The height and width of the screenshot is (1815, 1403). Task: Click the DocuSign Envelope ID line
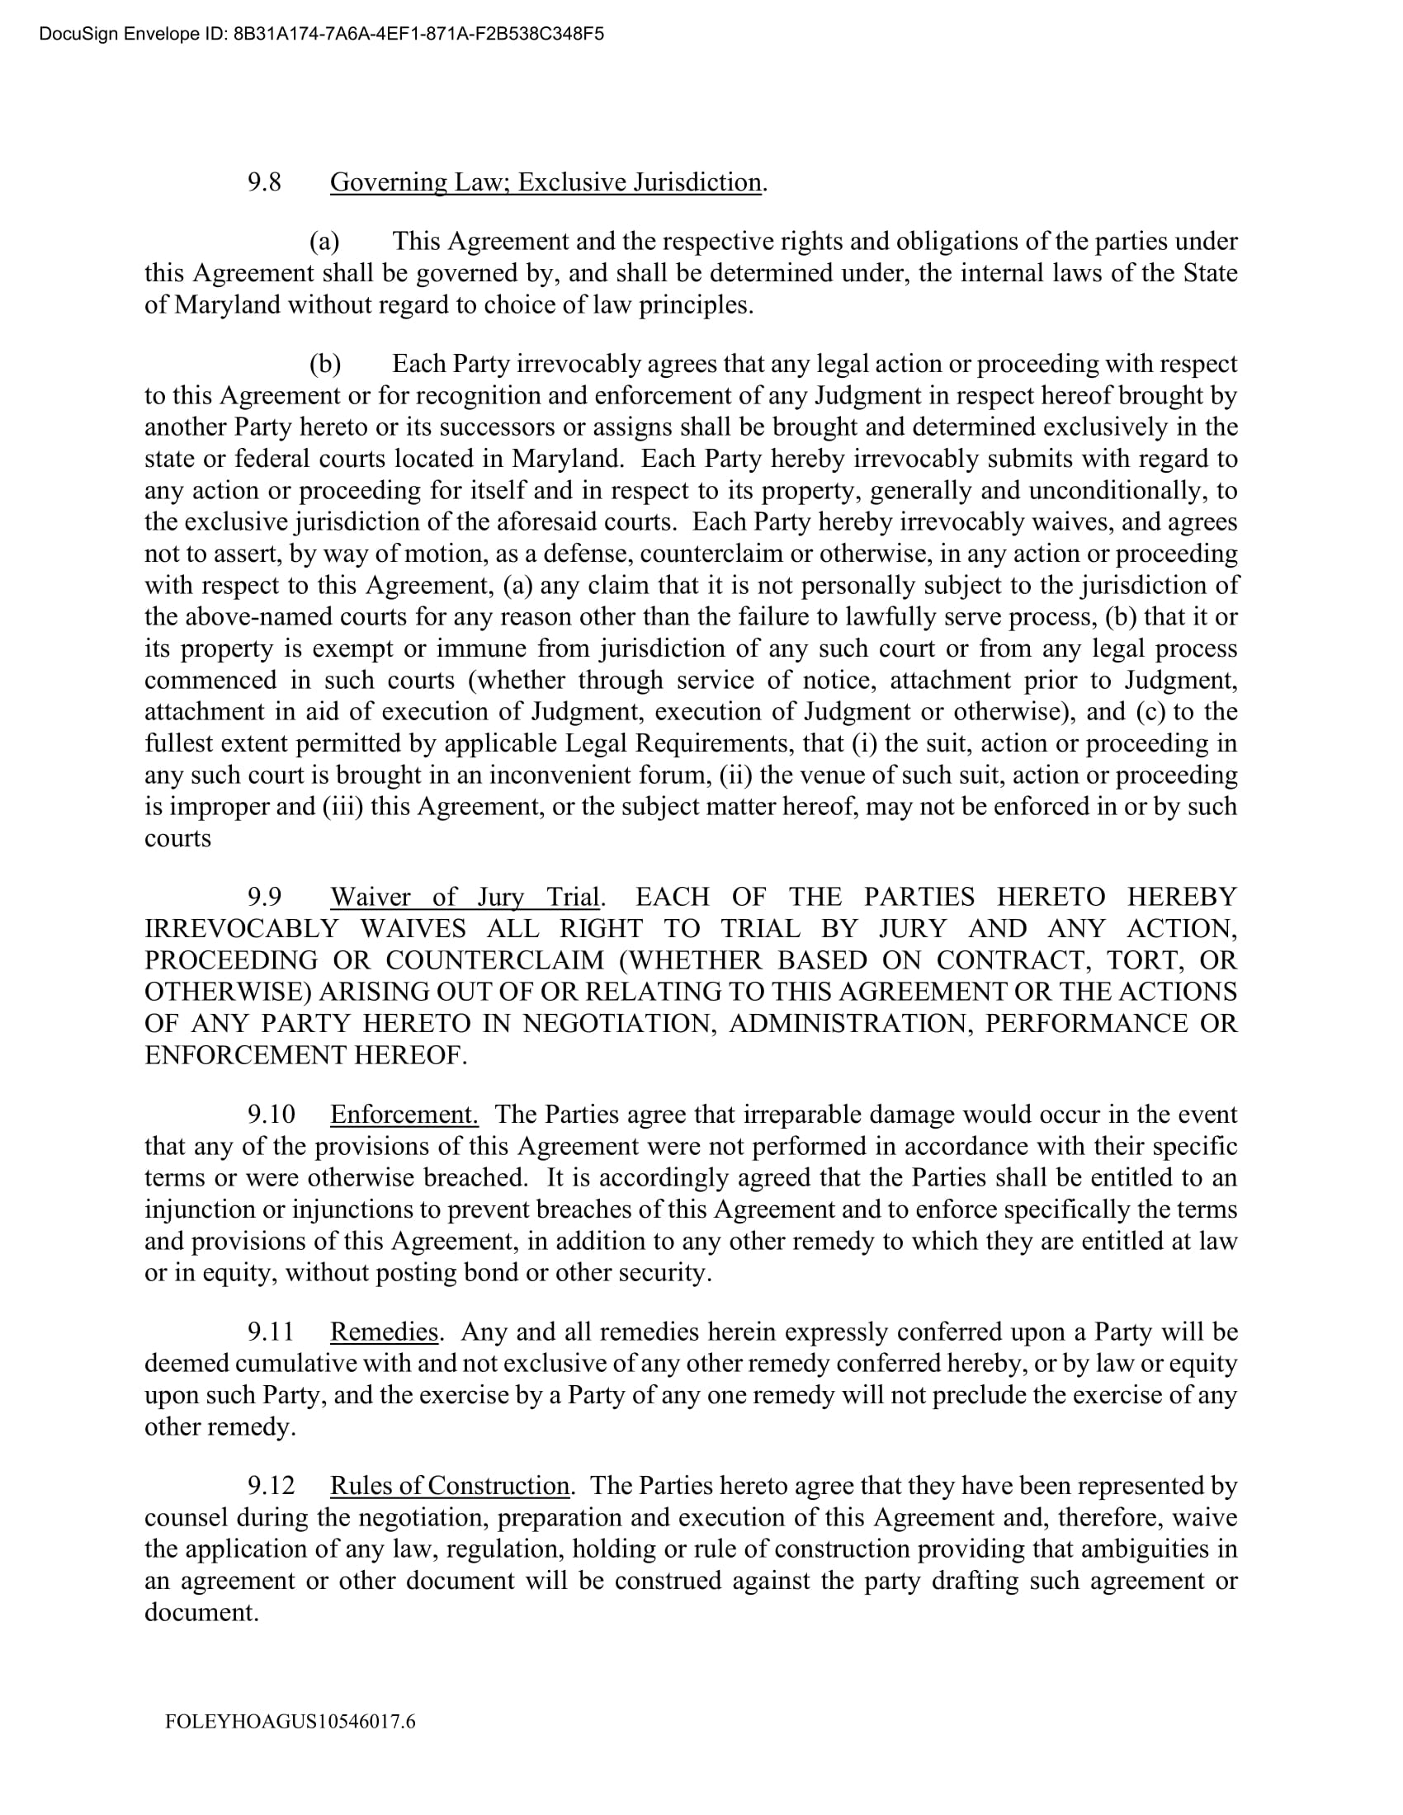point(321,34)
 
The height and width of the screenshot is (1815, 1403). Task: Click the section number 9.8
point(264,182)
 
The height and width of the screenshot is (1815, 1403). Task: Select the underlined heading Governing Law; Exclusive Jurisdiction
point(546,182)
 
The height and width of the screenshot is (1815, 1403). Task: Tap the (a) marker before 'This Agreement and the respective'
point(324,242)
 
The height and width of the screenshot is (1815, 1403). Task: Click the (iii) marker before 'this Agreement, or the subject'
point(342,807)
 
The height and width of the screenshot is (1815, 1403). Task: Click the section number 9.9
point(264,898)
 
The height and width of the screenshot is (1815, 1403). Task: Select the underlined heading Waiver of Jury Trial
point(465,898)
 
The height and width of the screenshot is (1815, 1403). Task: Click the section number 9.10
point(271,1115)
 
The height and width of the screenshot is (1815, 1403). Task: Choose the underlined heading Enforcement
point(404,1115)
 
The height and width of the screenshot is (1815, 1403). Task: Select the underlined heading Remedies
point(384,1332)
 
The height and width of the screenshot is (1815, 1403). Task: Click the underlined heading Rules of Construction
point(450,1486)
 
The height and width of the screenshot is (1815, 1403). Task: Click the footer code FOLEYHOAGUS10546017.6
point(290,1722)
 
